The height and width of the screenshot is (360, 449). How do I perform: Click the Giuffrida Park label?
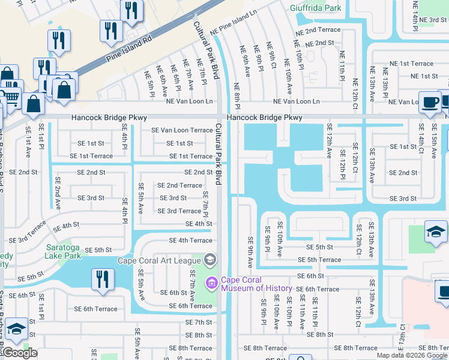coord(315,8)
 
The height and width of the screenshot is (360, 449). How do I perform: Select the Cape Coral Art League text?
coord(159,260)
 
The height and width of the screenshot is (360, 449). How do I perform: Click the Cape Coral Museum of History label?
coord(256,284)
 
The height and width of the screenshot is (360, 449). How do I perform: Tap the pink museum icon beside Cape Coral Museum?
coord(211,282)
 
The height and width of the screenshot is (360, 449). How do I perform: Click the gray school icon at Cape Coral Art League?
coord(209,260)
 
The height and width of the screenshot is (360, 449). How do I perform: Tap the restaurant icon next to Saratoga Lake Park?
coord(102,279)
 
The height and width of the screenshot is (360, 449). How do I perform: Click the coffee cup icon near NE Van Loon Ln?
coord(429,101)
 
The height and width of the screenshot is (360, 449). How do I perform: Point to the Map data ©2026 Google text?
coord(412,355)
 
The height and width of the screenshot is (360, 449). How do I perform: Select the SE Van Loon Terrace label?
coord(182,130)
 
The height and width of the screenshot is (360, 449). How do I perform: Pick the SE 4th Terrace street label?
coord(191,241)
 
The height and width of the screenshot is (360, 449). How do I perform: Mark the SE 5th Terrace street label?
coord(324,260)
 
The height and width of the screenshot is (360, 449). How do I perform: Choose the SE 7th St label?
coord(199,322)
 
